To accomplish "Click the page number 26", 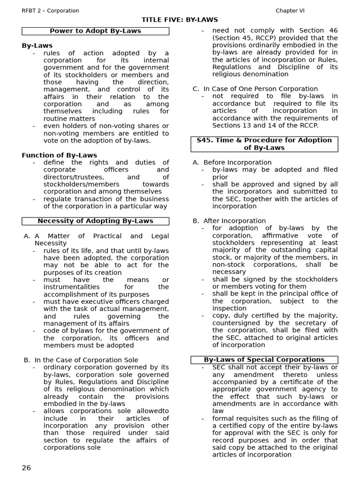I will pos(26,468).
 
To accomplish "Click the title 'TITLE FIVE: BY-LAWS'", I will pos(180,20).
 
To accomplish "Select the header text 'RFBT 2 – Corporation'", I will pos(51,10).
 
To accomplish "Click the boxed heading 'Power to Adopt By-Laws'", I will pos(95,31).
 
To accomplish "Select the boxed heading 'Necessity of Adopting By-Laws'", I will pos(95,221).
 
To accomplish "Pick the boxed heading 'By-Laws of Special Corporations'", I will pos(264,360).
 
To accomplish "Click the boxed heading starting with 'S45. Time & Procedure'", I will pos(264,144).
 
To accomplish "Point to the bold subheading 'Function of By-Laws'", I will pos(60,155).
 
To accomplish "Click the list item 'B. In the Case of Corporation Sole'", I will pos(81,360).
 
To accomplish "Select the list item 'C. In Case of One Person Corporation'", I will pos(255,89).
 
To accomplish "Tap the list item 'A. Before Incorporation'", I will pos(232,162).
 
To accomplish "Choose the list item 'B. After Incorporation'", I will pos(229,221).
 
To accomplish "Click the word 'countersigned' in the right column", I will pos(235,323).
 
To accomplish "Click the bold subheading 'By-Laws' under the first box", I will pos(37,45).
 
